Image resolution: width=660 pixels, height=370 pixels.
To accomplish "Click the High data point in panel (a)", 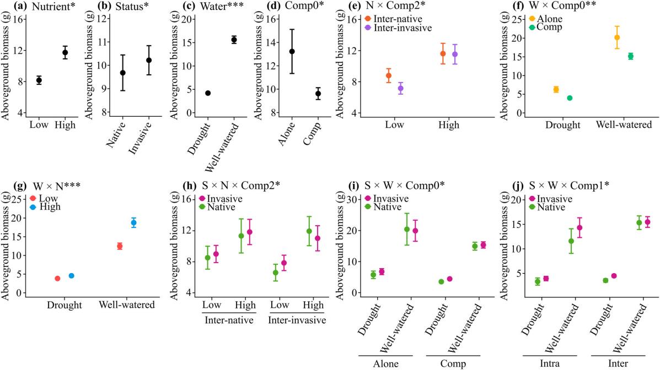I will coord(65,53).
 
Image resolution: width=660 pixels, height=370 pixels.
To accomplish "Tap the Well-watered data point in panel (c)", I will coord(234,39).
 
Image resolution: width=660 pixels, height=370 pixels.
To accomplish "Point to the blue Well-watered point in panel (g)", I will coord(133,222).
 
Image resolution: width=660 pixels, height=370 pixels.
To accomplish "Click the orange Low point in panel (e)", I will coord(373,75).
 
